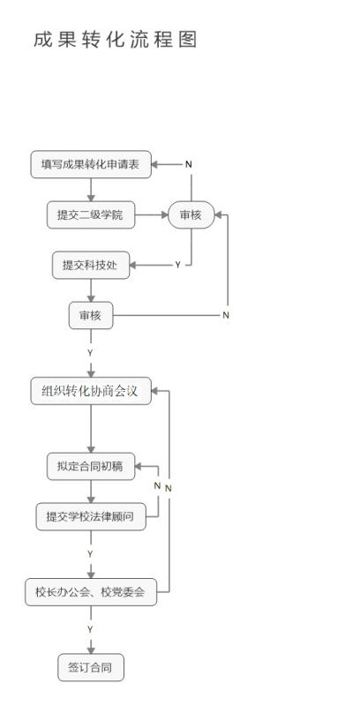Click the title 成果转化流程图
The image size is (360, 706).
[116, 40]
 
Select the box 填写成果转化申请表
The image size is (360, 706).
[91, 164]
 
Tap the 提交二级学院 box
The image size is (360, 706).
[91, 214]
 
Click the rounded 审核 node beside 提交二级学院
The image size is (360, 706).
[191, 214]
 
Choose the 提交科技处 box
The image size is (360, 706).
[91, 266]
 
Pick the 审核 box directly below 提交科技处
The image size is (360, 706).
[91, 315]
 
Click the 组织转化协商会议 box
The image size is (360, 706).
[91, 390]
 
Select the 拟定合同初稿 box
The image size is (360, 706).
[91, 466]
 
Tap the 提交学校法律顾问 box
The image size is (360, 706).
[91, 516]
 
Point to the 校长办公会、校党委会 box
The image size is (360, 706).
[91, 592]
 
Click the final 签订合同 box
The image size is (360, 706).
[91, 667]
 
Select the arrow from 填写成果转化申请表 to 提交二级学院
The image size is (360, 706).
[91, 190]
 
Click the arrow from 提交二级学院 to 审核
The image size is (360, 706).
[152, 214]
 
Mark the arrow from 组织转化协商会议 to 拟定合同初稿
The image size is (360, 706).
[91, 429]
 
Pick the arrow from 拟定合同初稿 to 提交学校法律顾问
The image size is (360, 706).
[91, 492]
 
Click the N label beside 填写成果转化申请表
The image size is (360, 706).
[189, 164]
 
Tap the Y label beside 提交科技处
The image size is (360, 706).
[177, 266]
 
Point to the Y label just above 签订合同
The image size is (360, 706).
[91, 629]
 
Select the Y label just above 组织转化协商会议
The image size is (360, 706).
[91, 353]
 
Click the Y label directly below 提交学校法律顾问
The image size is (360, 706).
[91, 553]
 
